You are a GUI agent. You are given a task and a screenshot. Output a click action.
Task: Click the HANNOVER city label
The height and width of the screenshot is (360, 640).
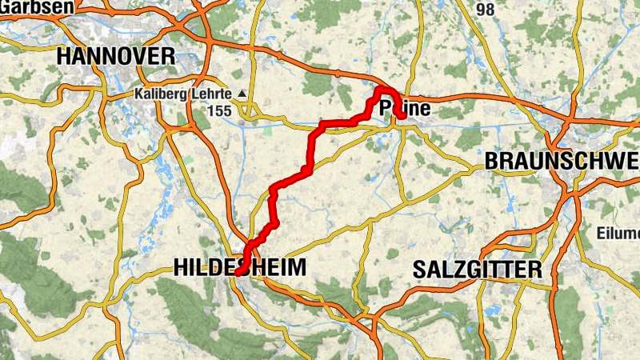116,56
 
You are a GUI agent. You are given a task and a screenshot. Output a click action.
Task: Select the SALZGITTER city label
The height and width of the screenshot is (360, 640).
478,270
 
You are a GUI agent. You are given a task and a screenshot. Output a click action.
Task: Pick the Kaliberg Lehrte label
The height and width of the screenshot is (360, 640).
182,94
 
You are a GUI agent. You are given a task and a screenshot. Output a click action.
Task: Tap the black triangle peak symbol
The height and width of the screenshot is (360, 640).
242,94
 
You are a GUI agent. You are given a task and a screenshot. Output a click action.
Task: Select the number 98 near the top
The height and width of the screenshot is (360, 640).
485,10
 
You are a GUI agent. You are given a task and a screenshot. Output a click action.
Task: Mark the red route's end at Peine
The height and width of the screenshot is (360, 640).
402,118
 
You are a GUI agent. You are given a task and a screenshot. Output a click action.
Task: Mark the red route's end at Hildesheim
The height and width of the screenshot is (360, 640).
238,272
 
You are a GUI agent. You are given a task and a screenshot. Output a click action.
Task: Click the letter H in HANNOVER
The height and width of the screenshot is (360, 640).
65,56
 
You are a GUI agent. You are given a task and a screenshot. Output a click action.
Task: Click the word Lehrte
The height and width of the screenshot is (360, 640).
210,94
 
